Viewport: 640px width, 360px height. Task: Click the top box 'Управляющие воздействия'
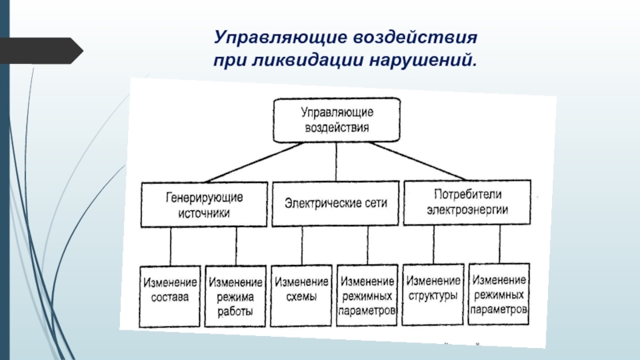(337, 119)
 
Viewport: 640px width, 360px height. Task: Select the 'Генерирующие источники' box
(205, 205)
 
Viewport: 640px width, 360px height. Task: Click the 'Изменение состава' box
(170, 294)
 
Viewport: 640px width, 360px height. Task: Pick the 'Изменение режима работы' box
(236, 296)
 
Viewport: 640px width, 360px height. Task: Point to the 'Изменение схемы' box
(302, 294)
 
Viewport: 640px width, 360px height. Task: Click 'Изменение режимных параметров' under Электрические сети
(367, 295)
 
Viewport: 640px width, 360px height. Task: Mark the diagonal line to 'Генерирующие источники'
(240, 163)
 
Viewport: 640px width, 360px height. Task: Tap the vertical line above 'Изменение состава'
(170, 246)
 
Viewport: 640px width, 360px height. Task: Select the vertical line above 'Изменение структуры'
(433, 245)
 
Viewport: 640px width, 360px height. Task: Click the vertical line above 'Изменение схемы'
(302, 246)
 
